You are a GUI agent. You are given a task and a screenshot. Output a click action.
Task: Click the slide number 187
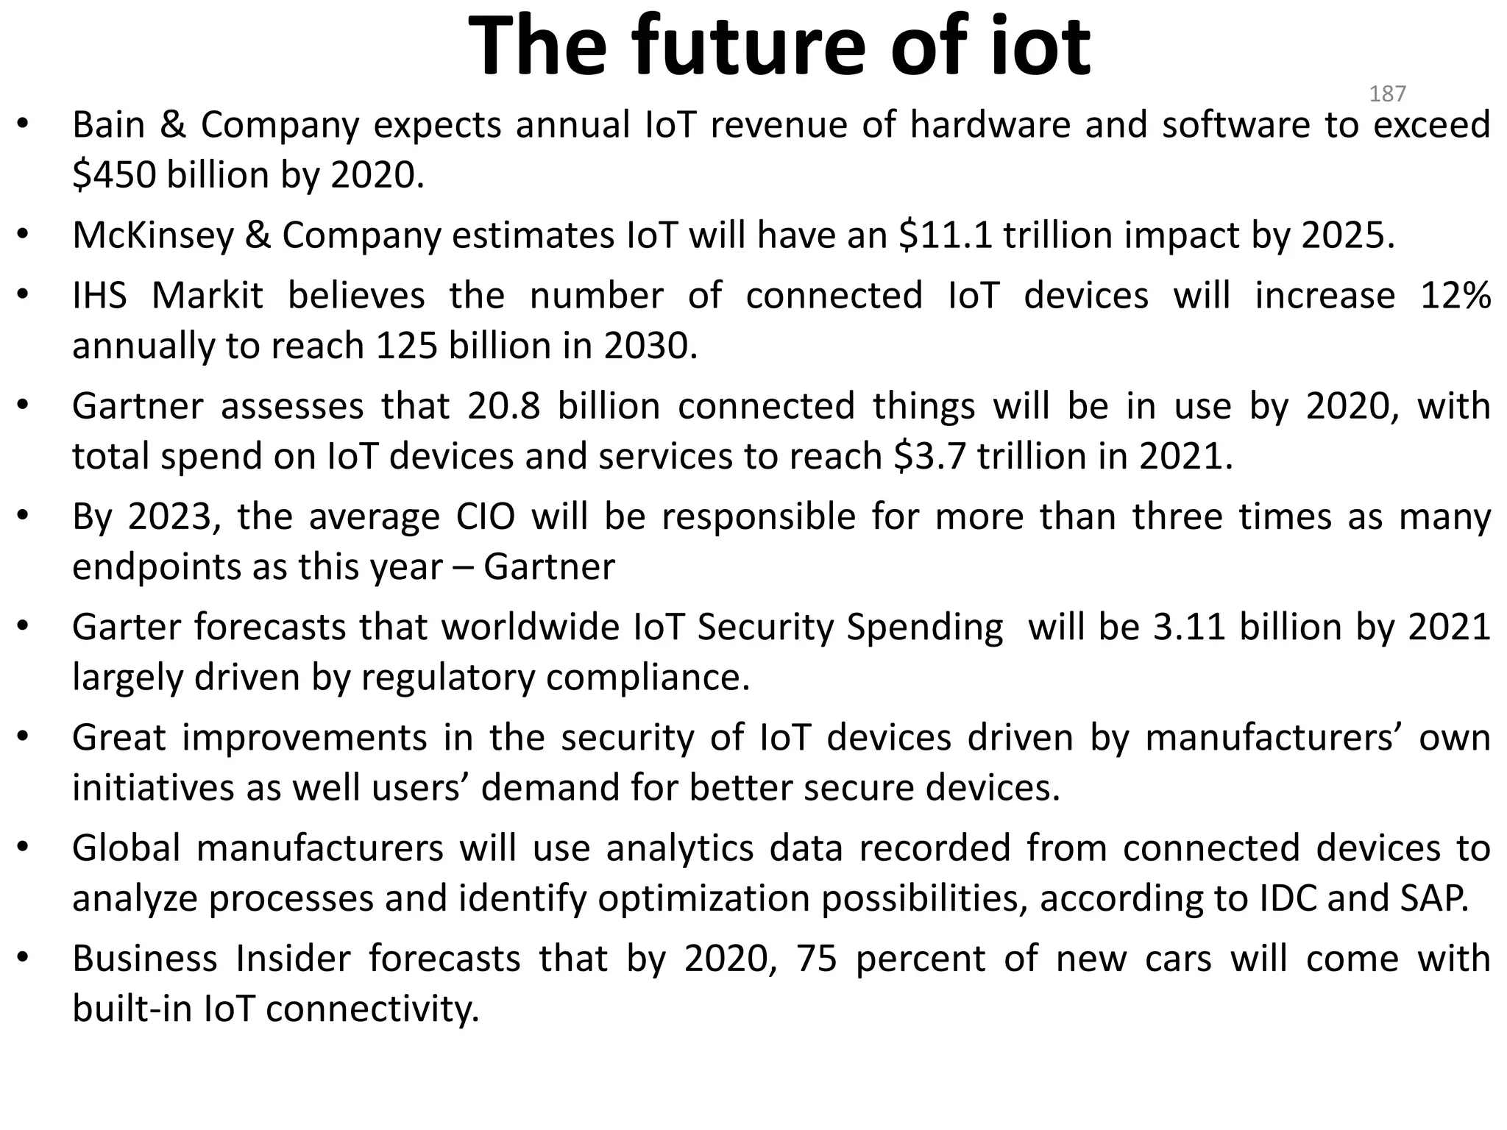point(1387,93)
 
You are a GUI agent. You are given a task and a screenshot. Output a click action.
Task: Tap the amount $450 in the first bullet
point(114,175)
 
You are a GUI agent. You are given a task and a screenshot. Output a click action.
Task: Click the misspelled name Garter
point(125,628)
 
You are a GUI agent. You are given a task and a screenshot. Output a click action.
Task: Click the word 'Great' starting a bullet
point(118,738)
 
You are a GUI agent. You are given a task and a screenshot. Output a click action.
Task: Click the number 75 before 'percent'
point(816,959)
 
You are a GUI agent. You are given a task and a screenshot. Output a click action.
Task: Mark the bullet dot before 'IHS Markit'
point(23,295)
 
